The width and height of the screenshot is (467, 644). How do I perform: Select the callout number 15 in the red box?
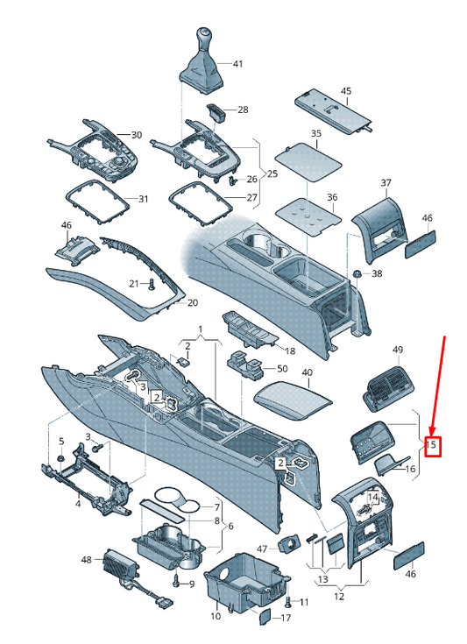click(x=431, y=444)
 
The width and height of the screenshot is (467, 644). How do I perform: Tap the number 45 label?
click(x=346, y=91)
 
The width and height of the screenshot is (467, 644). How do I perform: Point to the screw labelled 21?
click(x=152, y=284)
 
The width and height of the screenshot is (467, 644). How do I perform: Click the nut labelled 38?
click(x=356, y=273)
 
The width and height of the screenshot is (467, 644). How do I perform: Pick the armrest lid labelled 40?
click(x=294, y=400)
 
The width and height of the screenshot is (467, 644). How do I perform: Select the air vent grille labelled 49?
click(x=388, y=387)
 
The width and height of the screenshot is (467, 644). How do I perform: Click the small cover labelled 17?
click(x=265, y=616)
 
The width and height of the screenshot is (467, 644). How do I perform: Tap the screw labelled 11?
click(x=288, y=602)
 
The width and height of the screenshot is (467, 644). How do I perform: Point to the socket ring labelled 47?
click(x=289, y=546)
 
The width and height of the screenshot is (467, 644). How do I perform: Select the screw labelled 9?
click(x=176, y=581)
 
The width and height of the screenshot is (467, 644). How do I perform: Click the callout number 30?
click(x=137, y=135)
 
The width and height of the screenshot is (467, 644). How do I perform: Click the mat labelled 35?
click(x=308, y=161)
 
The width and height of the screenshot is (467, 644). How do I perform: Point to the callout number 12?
click(x=339, y=596)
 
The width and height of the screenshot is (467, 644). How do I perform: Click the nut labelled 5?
click(x=60, y=458)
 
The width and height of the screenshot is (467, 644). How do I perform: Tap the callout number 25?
click(x=272, y=173)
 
